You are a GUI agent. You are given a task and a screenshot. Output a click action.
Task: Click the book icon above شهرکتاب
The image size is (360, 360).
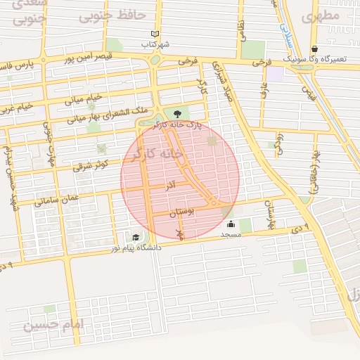[155, 33]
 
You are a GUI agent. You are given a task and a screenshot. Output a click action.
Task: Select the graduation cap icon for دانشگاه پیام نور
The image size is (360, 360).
[135, 238]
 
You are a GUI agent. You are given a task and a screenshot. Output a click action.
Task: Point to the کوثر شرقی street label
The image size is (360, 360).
[91, 165]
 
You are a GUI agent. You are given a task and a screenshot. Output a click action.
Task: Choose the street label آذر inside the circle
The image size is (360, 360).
[170, 187]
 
